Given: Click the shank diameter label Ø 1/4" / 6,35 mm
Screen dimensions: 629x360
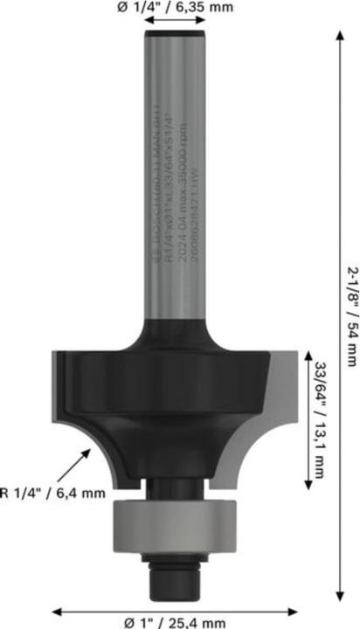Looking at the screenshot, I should point(179,9).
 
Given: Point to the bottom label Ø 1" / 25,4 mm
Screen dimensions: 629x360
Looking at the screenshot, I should point(176,622).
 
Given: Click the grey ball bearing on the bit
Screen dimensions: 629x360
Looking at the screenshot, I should point(163,524).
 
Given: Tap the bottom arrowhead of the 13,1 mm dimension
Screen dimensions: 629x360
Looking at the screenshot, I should point(306,487).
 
